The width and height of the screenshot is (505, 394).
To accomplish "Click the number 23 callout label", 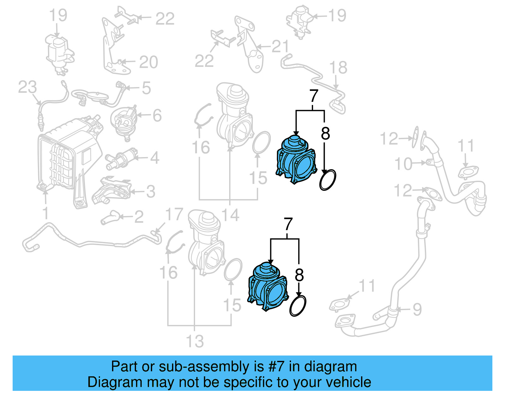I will [27, 87].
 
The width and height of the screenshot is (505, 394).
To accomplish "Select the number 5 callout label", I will [146, 88].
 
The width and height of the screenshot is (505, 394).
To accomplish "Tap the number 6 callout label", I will [157, 115].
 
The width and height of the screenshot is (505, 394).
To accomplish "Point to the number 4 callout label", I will [154, 158].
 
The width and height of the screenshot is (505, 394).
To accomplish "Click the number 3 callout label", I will [151, 191].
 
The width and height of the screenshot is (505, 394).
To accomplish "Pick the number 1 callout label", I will [46, 213].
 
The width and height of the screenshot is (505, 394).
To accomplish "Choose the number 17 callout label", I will [174, 215].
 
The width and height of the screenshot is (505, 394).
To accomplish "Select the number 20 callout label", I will [148, 62].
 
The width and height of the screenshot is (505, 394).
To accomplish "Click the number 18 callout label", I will [338, 68].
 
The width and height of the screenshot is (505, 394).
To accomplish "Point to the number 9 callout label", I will [417, 309].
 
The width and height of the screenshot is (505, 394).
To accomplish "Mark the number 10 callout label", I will [403, 164].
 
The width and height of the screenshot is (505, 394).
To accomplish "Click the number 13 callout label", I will [195, 341].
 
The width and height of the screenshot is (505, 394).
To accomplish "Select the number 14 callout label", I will [230, 215].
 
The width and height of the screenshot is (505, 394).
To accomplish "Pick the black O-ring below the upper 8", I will [328, 180].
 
